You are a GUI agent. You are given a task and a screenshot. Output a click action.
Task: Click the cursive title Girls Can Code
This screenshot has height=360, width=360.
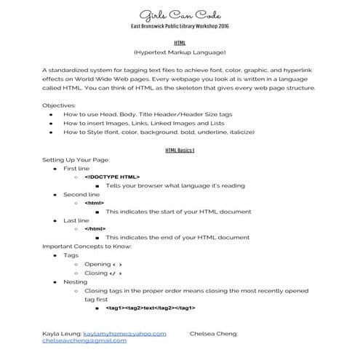tap(180, 14)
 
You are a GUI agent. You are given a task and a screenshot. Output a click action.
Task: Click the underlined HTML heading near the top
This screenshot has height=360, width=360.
tap(180, 43)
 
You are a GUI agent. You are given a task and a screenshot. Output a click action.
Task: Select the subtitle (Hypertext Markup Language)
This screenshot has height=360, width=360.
tap(180, 53)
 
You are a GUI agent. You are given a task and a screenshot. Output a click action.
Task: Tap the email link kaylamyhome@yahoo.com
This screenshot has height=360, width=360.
tap(125, 333)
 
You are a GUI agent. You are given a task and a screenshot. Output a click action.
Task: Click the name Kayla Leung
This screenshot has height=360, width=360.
tap(61, 333)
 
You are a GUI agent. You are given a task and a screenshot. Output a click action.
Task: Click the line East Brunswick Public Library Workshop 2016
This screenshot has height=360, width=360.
tap(180, 26)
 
